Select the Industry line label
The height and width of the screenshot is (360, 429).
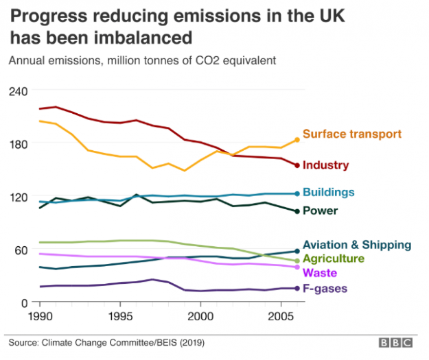coord(326,165)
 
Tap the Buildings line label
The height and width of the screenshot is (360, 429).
coord(329,192)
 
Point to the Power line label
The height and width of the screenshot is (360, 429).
coord(320,211)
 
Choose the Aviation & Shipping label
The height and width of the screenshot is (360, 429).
coord(357,245)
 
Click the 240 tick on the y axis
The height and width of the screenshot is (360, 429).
coord(18,91)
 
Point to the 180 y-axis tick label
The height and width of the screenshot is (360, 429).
coord(18,143)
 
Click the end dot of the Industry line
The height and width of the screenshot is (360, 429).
coord(297,165)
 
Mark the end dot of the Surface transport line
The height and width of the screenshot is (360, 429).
coord(297,139)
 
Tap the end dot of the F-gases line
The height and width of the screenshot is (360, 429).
coord(297,288)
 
